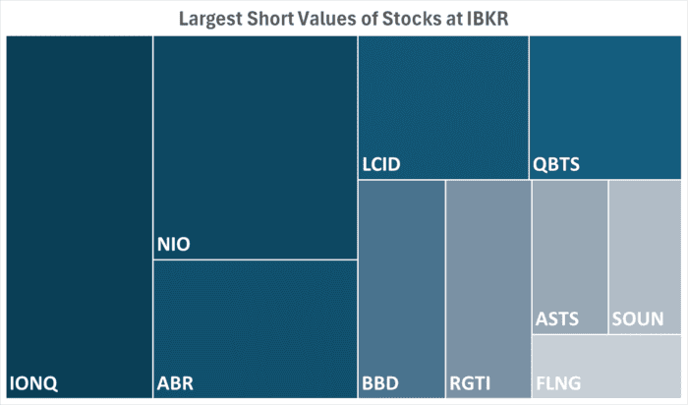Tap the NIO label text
[x=174, y=243]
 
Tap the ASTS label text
[x=557, y=319]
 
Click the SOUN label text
[x=637, y=319]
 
